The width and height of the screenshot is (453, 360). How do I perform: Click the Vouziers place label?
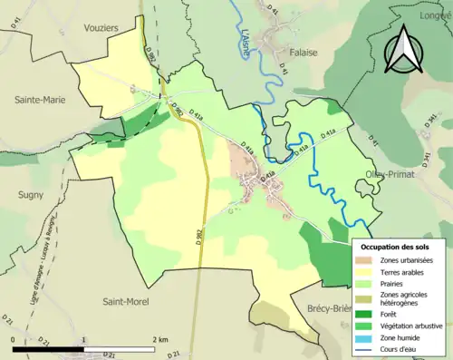[x=99, y=29]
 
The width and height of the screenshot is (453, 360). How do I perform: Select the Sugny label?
[x=31, y=194]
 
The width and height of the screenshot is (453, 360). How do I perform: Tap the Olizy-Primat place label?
[x=389, y=173]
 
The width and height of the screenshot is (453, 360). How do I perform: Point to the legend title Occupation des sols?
[x=395, y=247]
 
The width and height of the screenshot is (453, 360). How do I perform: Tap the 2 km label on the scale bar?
[x=160, y=339]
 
